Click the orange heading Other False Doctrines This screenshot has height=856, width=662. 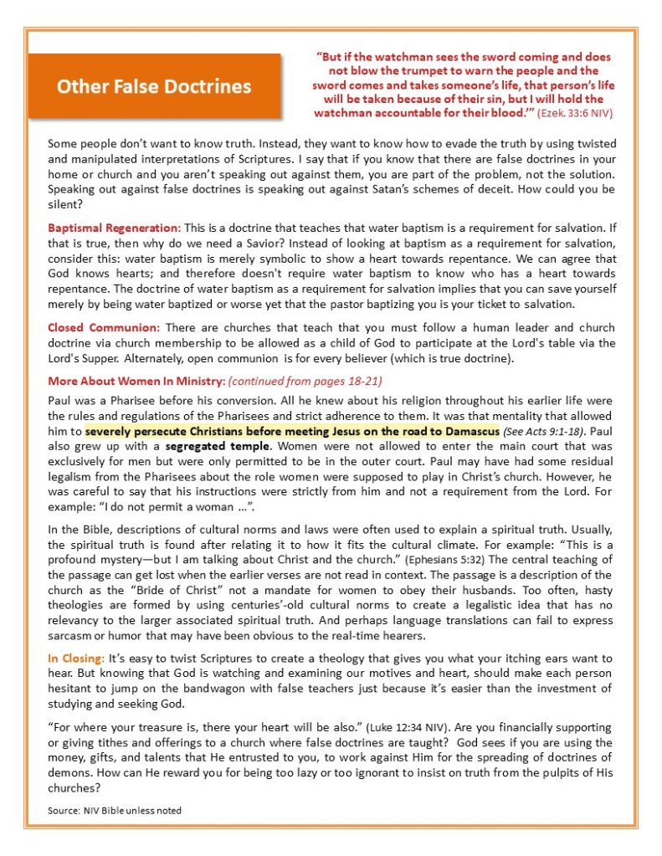(154, 86)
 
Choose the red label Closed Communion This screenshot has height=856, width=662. (103, 327)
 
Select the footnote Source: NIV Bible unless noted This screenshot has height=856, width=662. (114, 810)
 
